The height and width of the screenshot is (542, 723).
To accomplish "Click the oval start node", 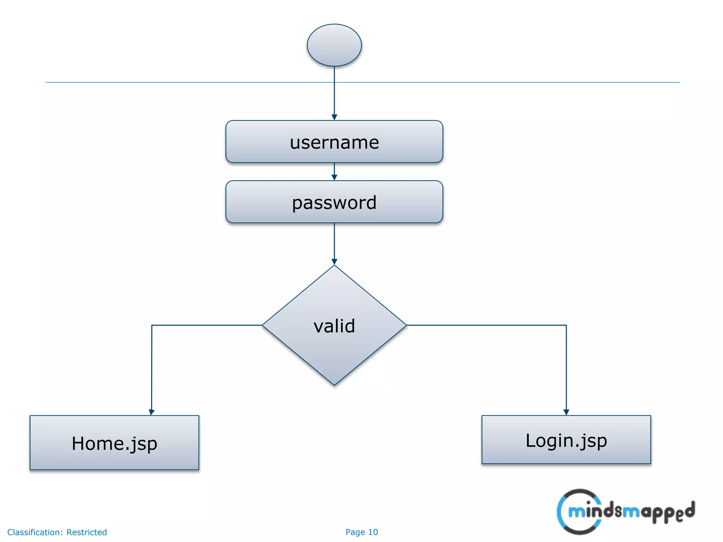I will point(334,45).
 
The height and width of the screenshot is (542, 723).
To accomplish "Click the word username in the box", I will point(334,142).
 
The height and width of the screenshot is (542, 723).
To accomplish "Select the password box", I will point(334,202).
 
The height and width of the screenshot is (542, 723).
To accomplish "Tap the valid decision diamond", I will point(334,325).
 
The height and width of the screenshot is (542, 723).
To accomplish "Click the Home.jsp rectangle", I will point(114,443).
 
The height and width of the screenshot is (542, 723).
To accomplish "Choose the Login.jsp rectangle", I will point(566,440).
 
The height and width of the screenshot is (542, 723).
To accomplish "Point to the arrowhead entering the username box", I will point(334,117).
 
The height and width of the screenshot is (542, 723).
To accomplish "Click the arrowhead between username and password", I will point(334,177).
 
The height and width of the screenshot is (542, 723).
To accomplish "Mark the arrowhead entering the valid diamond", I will point(334,262).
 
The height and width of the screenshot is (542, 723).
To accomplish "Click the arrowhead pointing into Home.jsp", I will point(152,412).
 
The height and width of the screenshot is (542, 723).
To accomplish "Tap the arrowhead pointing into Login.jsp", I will point(566,412).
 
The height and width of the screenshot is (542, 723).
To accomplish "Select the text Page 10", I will point(361,532).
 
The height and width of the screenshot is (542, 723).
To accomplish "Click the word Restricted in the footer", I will point(86,532).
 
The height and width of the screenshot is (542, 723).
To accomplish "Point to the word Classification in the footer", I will point(35,532).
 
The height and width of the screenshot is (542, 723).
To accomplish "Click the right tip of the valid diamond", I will point(406,325).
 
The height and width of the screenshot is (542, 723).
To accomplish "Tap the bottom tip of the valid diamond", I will point(334,384).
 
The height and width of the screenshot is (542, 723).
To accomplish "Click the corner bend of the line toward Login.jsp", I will point(566,325).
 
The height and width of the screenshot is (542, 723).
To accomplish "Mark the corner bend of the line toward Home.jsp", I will point(152,325).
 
